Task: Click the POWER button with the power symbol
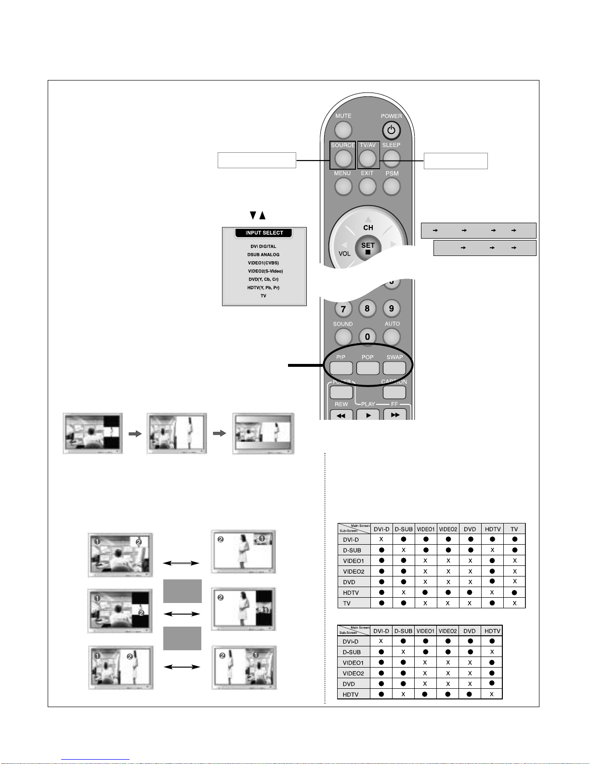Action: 391,130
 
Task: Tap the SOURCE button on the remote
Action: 343,158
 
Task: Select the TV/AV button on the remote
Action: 367,158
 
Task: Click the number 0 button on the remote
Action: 367,337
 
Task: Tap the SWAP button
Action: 394,368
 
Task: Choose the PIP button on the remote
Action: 341,368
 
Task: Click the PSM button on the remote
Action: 392,187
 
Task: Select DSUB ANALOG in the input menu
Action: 263,255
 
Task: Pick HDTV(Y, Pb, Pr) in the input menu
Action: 263,288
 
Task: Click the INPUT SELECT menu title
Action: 264,233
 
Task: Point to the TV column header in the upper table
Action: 514,529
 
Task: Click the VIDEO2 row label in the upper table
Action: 354,571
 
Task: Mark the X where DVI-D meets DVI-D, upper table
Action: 381,539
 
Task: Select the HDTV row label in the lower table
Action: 351,695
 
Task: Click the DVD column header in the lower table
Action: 469,631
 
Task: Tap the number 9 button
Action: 391,308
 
